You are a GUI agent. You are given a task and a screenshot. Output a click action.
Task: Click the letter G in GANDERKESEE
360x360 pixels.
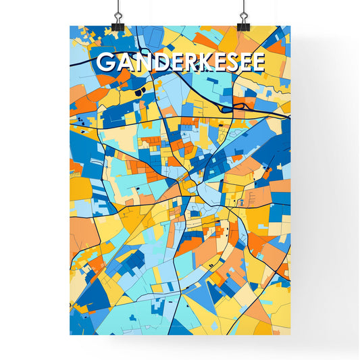[105, 62]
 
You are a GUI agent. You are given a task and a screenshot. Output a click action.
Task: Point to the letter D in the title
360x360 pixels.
[156, 62]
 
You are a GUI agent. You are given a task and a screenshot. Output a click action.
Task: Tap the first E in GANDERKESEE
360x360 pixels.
[173, 62]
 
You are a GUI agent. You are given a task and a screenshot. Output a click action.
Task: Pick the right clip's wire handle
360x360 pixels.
[242, 10]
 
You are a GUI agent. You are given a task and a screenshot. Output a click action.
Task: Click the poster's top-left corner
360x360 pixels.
[70, 26]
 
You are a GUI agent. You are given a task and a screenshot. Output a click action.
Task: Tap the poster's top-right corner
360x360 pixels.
[290, 26]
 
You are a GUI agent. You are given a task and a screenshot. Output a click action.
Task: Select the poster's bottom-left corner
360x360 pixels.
[70, 336]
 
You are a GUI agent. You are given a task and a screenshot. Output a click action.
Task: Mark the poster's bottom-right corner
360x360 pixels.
[290, 336]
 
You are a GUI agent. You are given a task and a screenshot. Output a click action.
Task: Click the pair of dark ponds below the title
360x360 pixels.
[139, 91]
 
